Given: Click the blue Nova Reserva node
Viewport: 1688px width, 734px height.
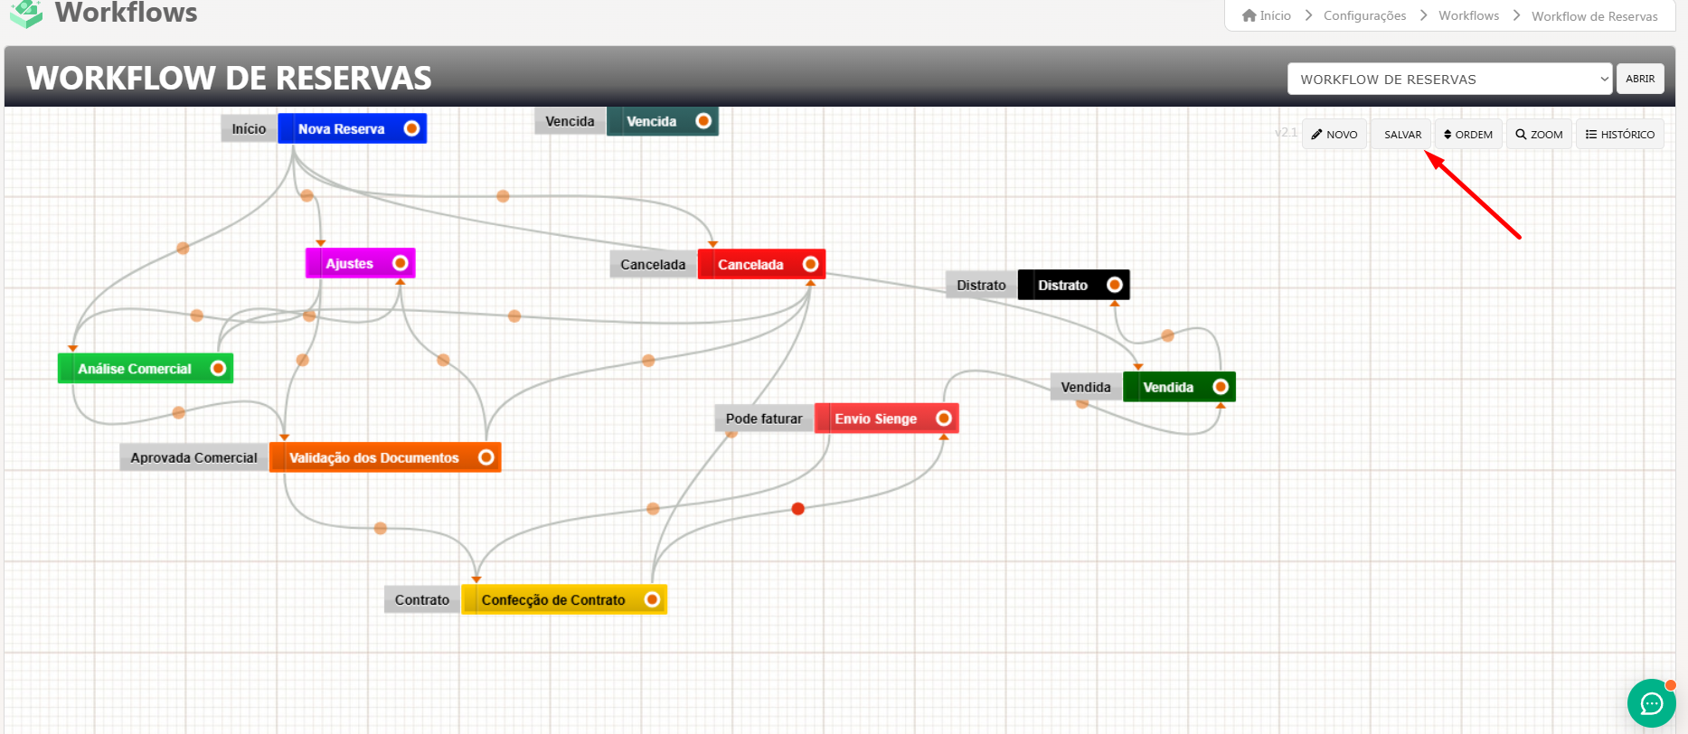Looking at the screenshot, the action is [x=342, y=129].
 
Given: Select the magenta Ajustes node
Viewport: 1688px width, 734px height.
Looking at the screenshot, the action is [x=350, y=264].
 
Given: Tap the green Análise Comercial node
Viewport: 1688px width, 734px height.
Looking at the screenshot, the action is [x=135, y=369].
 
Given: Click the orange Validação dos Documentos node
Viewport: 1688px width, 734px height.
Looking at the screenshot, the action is [x=374, y=458].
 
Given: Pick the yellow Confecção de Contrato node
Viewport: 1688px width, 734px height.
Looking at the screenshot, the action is [x=553, y=600].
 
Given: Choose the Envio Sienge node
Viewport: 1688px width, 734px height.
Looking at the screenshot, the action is [x=875, y=419].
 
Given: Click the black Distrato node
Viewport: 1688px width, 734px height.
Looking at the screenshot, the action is [x=1063, y=286].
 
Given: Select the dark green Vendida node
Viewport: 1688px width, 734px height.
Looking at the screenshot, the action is [x=1168, y=388].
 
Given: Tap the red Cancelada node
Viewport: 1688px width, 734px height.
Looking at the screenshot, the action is [x=750, y=265].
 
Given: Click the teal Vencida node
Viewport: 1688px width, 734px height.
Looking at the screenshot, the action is [x=652, y=122].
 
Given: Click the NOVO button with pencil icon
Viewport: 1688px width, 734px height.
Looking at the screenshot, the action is [x=1334, y=135].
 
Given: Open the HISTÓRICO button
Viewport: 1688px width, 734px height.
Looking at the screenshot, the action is [x=1620, y=135].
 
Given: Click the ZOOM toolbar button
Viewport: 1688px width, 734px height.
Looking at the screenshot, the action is [x=1539, y=135].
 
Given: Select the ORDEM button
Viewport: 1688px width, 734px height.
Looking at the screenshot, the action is [x=1468, y=135].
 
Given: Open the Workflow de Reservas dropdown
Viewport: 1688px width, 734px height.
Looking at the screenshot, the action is [x=1449, y=80].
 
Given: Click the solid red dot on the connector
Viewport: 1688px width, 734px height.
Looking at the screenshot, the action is [x=797, y=509].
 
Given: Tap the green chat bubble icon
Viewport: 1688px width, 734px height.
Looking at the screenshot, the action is [x=1652, y=703].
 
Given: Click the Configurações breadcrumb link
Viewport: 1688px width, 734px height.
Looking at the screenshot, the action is [x=1364, y=16].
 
